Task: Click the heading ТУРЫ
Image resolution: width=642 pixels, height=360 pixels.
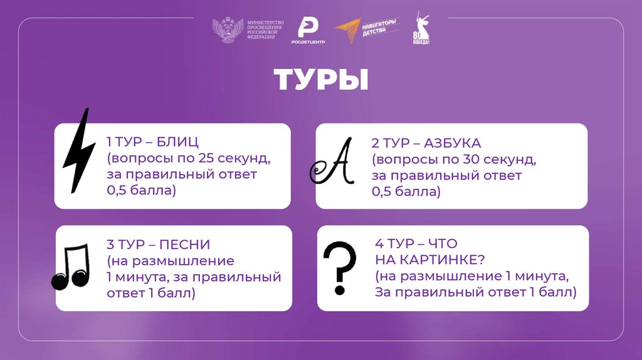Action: coord(320,82)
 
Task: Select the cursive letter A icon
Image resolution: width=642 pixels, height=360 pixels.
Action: coord(332,163)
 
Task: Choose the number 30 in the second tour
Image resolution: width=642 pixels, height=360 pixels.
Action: coord(472,160)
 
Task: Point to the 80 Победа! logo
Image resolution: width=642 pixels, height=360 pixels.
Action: coord(421,29)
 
